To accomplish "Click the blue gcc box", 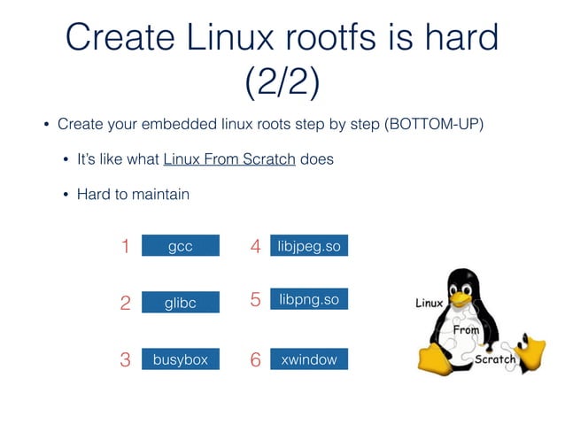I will pos(180,246).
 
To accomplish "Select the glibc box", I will pos(180,303).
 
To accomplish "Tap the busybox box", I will pos(180,359).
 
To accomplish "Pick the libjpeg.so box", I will pos(308,245).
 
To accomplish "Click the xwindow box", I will pos(308,359).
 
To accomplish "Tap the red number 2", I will pos(125,304).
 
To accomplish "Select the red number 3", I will pos(125,360).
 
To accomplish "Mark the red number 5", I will pos(255,301).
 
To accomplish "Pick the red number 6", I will pos(255,360).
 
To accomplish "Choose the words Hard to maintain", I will pos(133,193).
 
